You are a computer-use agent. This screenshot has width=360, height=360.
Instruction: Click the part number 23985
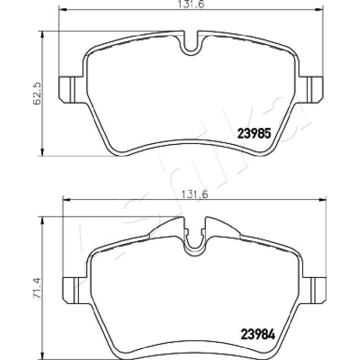[254, 133]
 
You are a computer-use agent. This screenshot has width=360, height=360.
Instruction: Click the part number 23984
[257, 334]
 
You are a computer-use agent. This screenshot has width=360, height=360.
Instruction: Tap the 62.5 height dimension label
[37, 93]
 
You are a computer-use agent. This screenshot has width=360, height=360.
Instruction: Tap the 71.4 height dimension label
[37, 288]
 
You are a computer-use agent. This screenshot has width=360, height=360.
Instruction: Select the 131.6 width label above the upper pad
[191, 4]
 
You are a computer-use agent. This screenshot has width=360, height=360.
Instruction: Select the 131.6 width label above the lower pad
[194, 194]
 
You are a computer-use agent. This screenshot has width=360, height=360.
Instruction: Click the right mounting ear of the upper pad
[311, 90]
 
